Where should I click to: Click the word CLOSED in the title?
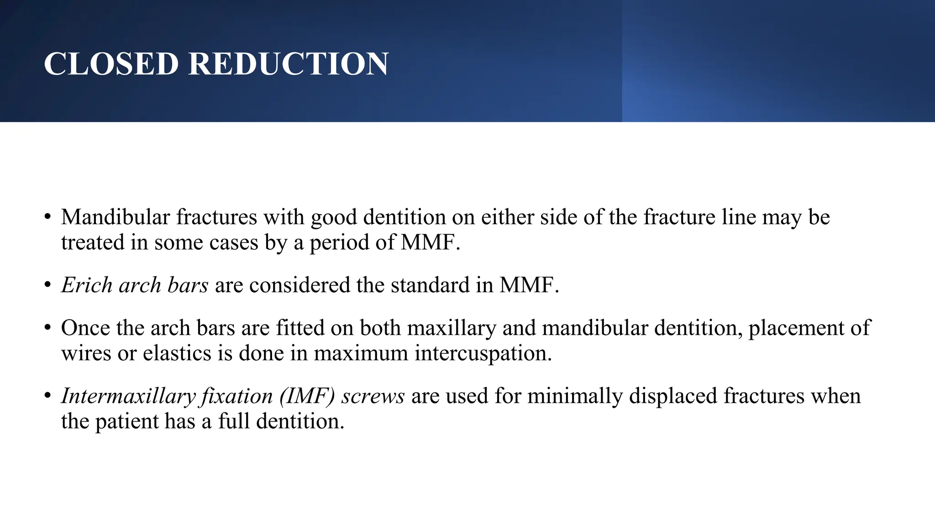coord(111,63)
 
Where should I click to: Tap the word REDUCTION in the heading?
coord(288,63)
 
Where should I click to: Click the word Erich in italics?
coord(87,285)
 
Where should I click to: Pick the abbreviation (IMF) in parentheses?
coord(308,396)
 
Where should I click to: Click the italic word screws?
coord(373,396)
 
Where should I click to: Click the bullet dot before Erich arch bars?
coord(47,285)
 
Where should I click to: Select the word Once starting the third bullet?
coord(85,328)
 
